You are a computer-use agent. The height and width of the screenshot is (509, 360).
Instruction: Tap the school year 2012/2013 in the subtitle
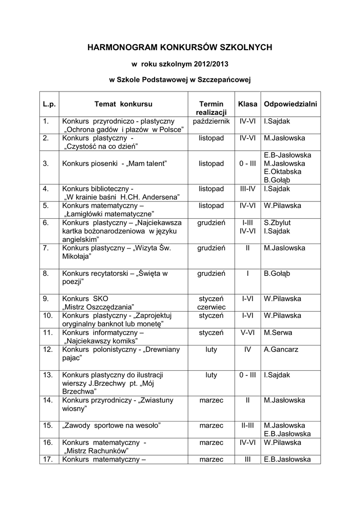coord(208,64)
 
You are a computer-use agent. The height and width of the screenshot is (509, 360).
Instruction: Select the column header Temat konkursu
coord(123,104)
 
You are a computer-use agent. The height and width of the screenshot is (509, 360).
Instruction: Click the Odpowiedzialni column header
coord(290,104)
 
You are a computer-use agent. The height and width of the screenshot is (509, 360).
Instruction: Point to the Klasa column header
coord(248,104)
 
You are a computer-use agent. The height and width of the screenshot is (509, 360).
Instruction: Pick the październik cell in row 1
coord(211,121)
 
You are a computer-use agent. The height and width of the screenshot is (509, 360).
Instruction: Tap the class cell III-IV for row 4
coord(247,188)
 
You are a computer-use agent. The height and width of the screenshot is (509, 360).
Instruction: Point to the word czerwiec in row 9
coord(211,307)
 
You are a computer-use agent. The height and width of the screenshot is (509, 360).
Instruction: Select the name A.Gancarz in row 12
coord(281,349)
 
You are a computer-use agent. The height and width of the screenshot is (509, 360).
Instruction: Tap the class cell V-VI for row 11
coord(247,333)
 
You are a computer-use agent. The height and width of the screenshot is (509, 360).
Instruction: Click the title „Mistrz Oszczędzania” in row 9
coord(99,307)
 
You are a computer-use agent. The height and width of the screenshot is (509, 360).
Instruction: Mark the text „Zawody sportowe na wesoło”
coord(111,425)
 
